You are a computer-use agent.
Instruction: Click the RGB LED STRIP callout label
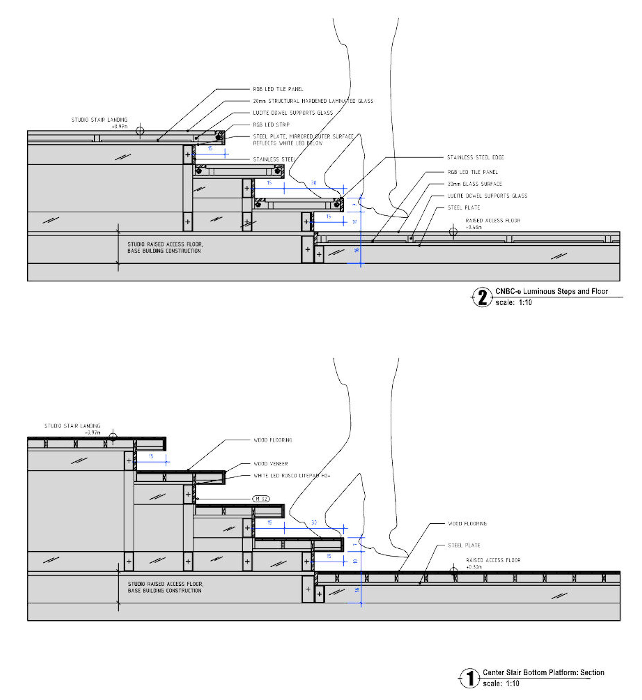point(271,125)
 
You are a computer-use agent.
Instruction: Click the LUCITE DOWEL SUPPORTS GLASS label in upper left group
point(292,113)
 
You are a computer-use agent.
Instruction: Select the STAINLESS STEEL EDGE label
point(475,157)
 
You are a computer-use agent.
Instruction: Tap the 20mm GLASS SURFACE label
point(474,184)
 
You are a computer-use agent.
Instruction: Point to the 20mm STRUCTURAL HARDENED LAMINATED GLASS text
point(313,101)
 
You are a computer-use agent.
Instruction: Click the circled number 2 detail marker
point(482,297)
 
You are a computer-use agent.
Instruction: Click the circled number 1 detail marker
point(470,678)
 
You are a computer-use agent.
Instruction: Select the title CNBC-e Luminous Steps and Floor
point(551,291)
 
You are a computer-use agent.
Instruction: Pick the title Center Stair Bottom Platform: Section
point(543,672)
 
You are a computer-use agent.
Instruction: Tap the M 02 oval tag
point(261,499)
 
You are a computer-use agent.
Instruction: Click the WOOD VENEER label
point(271,464)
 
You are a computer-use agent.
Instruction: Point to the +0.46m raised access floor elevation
point(474,227)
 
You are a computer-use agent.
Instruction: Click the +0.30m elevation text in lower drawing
point(474,567)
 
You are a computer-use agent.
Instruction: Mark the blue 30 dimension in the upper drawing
point(314,183)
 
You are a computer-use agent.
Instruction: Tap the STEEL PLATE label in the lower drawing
point(464,545)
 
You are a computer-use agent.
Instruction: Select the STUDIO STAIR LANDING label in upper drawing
point(100,119)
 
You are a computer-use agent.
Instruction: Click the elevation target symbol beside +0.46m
point(453,231)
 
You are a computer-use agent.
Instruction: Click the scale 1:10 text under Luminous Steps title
point(514,302)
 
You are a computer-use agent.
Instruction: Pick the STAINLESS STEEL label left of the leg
point(274,160)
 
